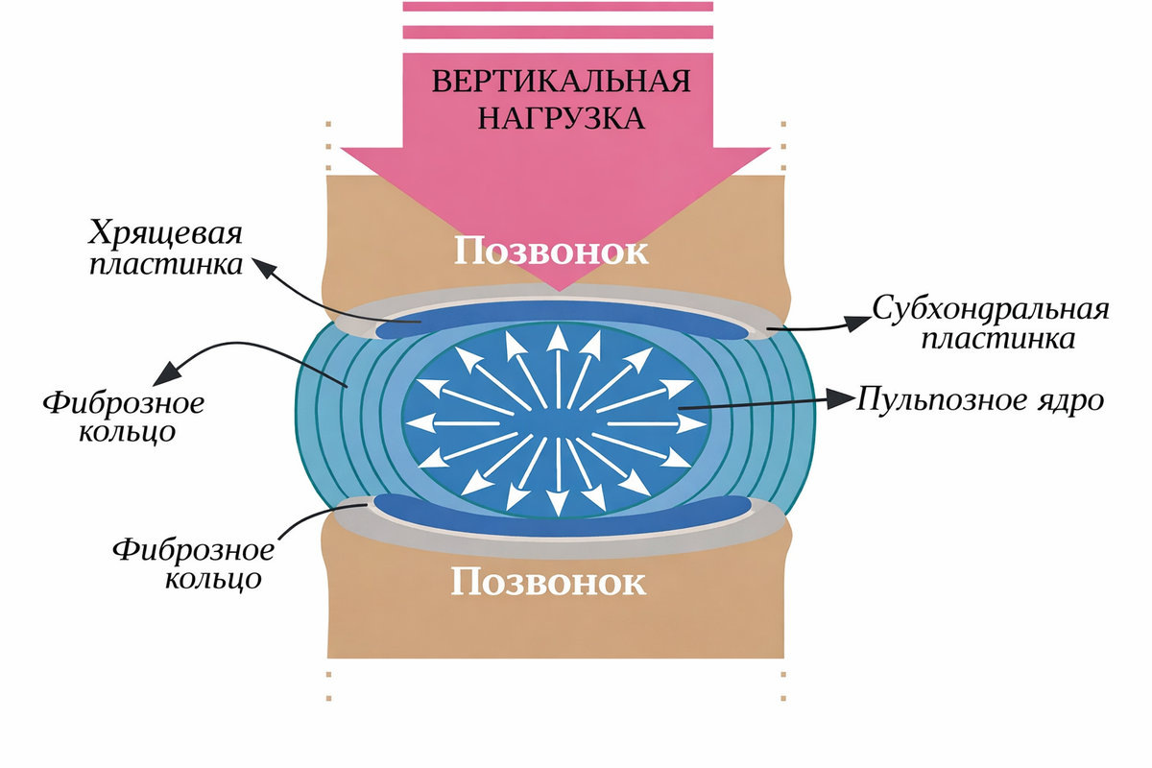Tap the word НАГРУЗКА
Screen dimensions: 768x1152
(561, 118)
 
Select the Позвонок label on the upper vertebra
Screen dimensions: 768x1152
(551, 252)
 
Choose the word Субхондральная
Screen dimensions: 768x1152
(991, 309)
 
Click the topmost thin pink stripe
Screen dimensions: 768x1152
(558, 6)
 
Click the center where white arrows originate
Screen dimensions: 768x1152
(556, 423)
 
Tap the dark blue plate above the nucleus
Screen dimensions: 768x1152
(561, 323)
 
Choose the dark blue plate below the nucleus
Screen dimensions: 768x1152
(561, 516)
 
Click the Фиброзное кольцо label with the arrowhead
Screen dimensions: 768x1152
(123, 417)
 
